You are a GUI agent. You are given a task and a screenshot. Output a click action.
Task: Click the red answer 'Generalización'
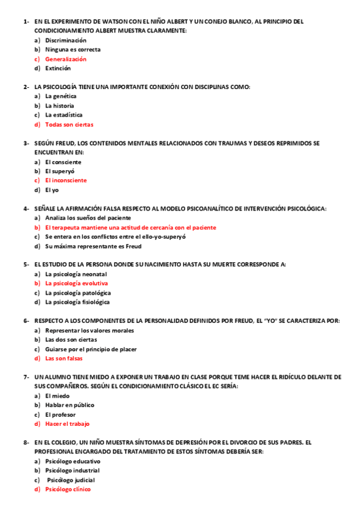click(x=66, y=59)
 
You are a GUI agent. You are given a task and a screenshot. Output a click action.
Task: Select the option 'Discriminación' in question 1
click(x=66, y=40)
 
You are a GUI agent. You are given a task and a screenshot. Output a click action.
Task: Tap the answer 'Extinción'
click(x=58, y=69)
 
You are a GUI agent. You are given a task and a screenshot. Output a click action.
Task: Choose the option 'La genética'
click(x=61, y=96)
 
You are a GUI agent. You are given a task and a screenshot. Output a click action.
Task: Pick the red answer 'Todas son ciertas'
click(x=69, y=124)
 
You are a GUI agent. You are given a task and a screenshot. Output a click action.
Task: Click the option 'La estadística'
click(x=64, y=115)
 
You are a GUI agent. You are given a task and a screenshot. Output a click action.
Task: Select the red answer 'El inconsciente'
click(x=66, y=180)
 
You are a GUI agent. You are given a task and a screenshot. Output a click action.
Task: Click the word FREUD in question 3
click(x=64, y=143)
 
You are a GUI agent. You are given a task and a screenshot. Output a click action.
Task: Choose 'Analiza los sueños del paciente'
click(x=88, y=218)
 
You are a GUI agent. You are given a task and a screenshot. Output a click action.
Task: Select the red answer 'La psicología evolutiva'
click(x=76, y=283)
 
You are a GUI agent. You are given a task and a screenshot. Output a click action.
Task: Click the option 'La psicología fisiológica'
click(x=78, y=302)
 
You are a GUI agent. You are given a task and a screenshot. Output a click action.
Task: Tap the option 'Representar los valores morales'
click(x=90, y=331)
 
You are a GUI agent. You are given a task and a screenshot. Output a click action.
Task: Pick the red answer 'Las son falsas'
click(x=64, y=358)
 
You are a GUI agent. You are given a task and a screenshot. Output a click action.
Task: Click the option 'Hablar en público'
click(x=70, y=405)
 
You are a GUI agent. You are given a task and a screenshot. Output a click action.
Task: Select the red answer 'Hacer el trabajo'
click(x=67, y=424)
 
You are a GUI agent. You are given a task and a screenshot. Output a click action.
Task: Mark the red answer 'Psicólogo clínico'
click(x=68, y=490)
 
